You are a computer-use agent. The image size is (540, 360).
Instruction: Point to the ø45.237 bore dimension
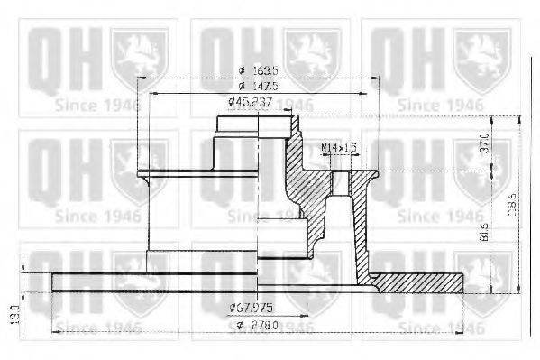pos(249,102)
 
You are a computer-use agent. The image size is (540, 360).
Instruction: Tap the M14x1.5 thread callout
pos(339,146)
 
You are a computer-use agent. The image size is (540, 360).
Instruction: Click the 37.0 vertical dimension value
pos(485,143)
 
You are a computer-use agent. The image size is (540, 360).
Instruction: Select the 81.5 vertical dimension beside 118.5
pos(485,232)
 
